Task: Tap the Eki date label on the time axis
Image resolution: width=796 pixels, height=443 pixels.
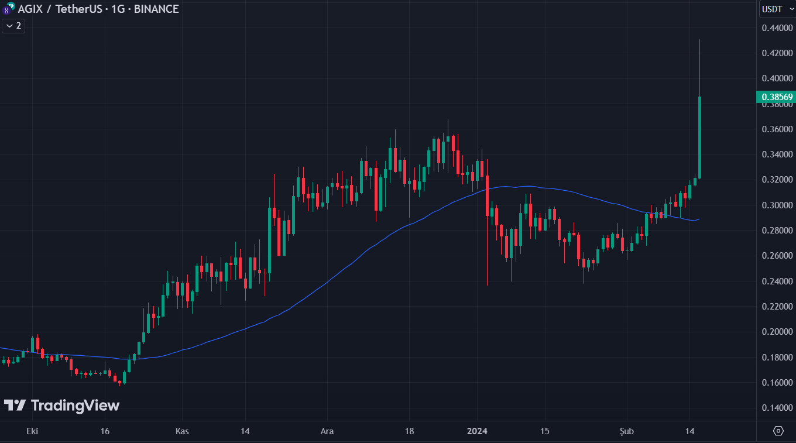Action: click(32, 431)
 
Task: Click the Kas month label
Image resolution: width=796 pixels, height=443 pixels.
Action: click(183, 431)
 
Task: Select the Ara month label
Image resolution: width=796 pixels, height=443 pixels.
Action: click(327, 431)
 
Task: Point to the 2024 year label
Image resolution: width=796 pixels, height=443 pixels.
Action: click(477, 431)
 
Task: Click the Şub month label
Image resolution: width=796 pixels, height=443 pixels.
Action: click(627, 431)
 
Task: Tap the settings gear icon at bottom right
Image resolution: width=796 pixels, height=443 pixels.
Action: click(778, 431)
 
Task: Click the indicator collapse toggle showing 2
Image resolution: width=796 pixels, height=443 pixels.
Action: click(13, 26)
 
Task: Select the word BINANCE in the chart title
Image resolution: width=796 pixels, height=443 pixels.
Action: click(156, 9)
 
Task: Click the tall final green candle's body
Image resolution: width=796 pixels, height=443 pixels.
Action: click(699, 138)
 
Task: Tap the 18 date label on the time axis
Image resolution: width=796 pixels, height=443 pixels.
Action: click(409, 431)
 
